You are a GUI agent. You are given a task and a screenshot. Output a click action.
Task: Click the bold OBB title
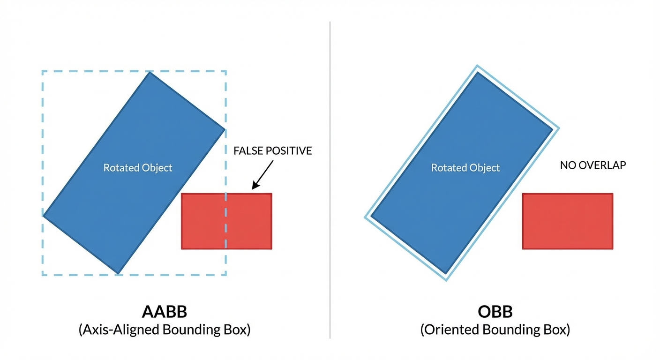(x=495, y=312)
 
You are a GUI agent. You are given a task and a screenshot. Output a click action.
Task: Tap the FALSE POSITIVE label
(x=272, y=151)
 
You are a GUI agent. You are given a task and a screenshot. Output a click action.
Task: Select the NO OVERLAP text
(x=593, y=165)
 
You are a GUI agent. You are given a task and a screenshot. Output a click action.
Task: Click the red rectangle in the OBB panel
(x=567, y=221)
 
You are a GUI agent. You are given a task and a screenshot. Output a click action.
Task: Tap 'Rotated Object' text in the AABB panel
(x=138, y=167)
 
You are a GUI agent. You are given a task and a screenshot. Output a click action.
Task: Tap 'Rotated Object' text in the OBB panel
(x=465, y=167)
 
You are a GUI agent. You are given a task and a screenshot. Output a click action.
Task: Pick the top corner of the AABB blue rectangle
(x=150, y=72)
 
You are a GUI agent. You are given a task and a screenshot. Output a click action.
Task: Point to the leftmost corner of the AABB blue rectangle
(x=44, y=216)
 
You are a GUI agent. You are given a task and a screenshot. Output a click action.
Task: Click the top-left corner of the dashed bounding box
(x=42, y=71)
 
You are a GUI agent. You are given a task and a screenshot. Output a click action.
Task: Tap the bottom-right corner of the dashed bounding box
(x=226, y=275)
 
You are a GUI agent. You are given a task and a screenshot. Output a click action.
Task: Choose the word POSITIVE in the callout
(x=288, y=151)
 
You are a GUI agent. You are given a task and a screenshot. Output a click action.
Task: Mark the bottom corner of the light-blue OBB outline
(x=445, y=280)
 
